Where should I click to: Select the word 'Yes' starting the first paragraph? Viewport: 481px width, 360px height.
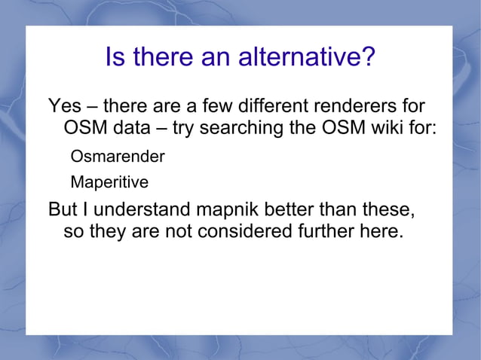[64, 105]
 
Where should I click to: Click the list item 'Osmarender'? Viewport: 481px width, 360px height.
[117, 157]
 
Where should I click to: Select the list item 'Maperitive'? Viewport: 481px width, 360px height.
[109, 182]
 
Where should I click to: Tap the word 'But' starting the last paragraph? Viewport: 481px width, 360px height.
[63, 208]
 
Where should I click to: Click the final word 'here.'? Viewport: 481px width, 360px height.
[381, 231]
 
